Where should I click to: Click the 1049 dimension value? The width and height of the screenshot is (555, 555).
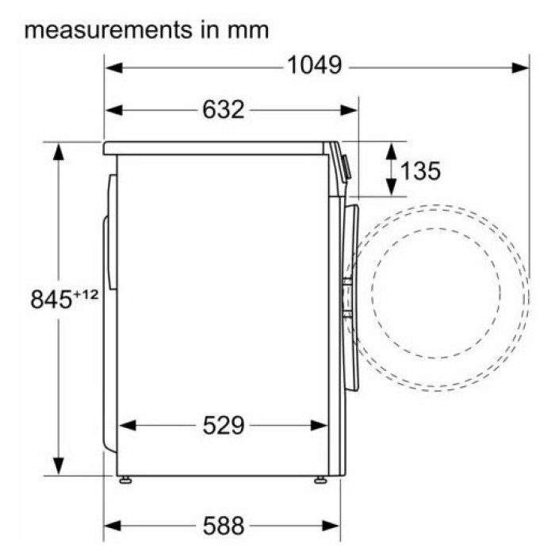[x=314, y=66]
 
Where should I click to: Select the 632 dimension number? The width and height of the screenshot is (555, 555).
[x=224, y=109]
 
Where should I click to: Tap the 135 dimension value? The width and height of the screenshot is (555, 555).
[x=420, y=170]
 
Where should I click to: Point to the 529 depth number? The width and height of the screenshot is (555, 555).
[x=224, y=425]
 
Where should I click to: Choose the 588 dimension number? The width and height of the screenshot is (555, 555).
[x=224, y=526]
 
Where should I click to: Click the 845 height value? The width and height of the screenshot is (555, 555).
[x=52, y=300]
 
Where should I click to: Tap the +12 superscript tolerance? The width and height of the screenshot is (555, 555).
[x=86, y=294]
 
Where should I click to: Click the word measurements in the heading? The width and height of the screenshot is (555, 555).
[x=109, y=30]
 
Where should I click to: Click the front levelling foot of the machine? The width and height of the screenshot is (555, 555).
[x=320, y=480]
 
